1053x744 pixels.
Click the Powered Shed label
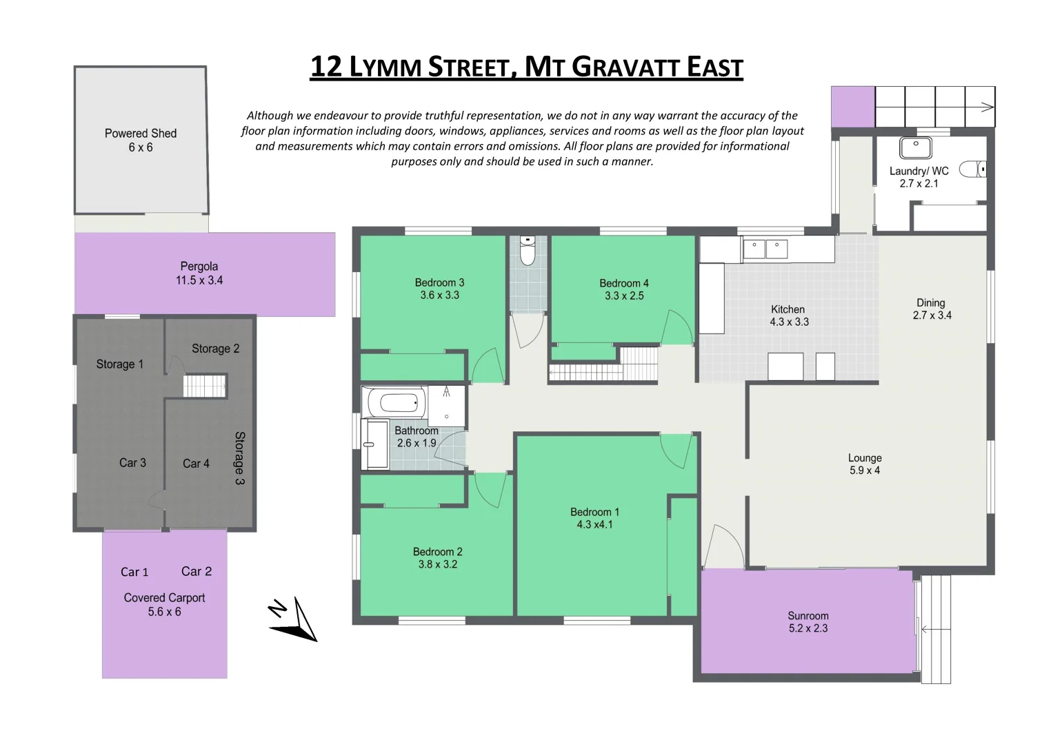tap(141, 134)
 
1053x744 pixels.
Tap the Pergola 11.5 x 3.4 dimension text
tap(199, 280)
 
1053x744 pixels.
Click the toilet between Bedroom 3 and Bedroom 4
tap(528, 251)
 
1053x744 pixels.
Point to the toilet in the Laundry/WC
tap(973, 169)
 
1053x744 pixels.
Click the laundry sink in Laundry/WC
tap(916, 148)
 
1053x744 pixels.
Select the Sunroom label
tap(808, 616)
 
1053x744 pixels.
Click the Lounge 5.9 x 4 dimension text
tap(865, 471)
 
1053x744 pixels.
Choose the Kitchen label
tap(788, 309)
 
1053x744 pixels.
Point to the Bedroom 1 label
tap(594, 512)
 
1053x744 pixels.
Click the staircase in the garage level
tap(205, 386)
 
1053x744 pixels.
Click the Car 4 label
tap(196, 464)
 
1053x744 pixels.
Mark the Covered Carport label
tap(164, 598)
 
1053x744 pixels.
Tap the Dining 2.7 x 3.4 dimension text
tap(931, 316)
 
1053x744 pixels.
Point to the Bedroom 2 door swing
tap(490, 490)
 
